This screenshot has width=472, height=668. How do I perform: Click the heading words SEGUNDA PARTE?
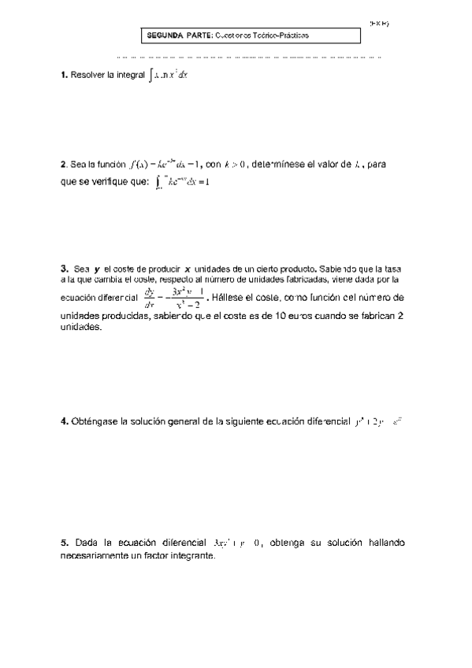(x=176, y=36)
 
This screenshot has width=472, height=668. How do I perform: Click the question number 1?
(x=63, y=76)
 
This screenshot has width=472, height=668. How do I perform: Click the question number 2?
(x=63, y=165)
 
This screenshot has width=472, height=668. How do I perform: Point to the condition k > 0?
(x=236, y=165)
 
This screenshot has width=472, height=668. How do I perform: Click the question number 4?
(x=63, y=422)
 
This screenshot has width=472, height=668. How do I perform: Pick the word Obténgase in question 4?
(x=92, y=422)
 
